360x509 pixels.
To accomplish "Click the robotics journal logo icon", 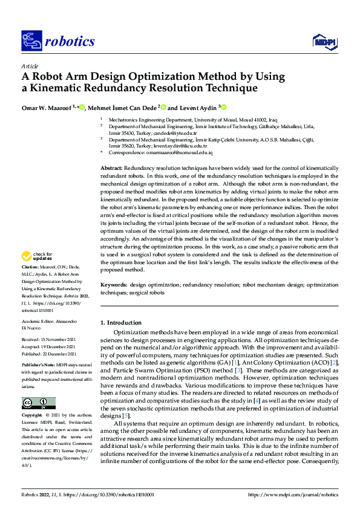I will click(x=31, y=41).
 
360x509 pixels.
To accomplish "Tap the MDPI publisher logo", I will click(x=324, y=41).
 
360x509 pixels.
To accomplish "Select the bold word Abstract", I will click(x=111, y=166).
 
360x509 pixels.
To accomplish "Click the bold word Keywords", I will click(x=113, y=284).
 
